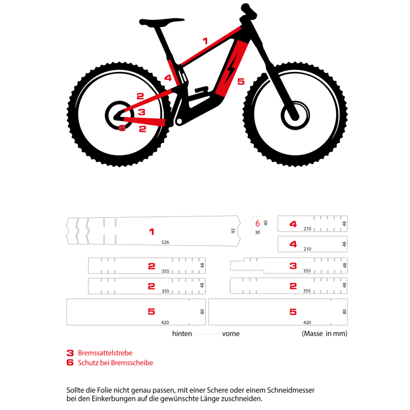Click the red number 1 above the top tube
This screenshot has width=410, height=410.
(x=205, y=41)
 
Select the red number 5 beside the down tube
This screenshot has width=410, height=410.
(x=241, y=82)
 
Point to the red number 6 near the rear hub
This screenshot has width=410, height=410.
(x=122, y=128)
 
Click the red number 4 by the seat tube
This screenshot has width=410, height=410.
(x=168, y=78)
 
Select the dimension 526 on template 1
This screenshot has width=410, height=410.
(x=165, y=242)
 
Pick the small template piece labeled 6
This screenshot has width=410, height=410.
(x=257, y=223)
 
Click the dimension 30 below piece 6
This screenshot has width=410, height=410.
(x=257, y=232)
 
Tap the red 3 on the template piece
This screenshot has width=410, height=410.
(x=293, y=266)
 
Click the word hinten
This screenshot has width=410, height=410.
(x=182, y=334)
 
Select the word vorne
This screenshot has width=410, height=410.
(x=231, y=334)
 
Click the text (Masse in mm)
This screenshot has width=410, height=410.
(x=324, y=334)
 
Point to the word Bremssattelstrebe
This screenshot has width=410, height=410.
(x=105, y=353)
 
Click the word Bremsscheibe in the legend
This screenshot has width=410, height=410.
(x=132, y=363)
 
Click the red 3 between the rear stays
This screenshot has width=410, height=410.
(x=141, y=112)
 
